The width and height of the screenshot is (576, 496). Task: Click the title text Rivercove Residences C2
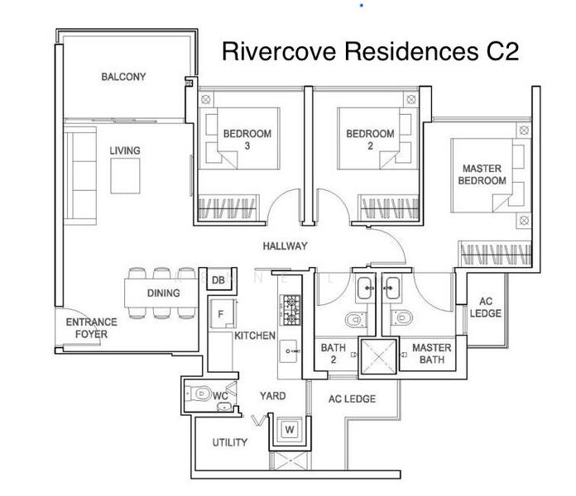371,52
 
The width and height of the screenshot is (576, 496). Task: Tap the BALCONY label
123,77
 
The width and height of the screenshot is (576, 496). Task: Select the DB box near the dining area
218,281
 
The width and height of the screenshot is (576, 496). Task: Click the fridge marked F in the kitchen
221,314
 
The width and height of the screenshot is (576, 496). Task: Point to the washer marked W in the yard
289,429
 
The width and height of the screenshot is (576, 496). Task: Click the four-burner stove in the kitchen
291,311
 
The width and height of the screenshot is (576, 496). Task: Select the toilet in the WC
199,394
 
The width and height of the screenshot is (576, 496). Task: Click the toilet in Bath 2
353,317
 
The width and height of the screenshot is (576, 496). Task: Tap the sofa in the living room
81,175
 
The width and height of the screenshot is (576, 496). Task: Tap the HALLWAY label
285,246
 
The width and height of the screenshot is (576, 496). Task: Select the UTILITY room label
229,442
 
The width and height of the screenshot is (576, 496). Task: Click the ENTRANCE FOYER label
91,328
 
